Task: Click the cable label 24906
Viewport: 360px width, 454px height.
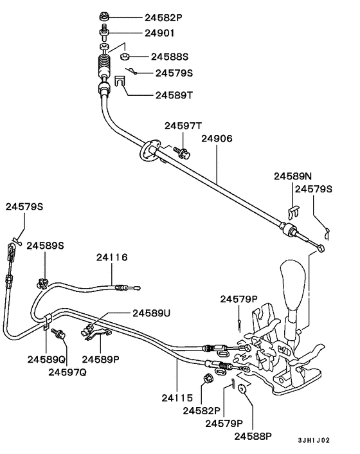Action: tap(217, 138)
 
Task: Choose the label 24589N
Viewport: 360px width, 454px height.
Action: tap(293, 176)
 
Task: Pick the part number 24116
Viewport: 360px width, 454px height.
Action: tap(113, 257)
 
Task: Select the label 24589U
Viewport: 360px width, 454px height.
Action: tap(152, 313)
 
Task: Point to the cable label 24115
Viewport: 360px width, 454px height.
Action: tap(177, 399)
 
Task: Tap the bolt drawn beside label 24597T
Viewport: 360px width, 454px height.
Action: tap(181, 152)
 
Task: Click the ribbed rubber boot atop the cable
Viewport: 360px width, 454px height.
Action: tap(105, 66)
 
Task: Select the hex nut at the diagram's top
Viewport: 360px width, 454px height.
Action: tap(104, 15)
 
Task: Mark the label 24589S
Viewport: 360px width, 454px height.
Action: tap(45, 246)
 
